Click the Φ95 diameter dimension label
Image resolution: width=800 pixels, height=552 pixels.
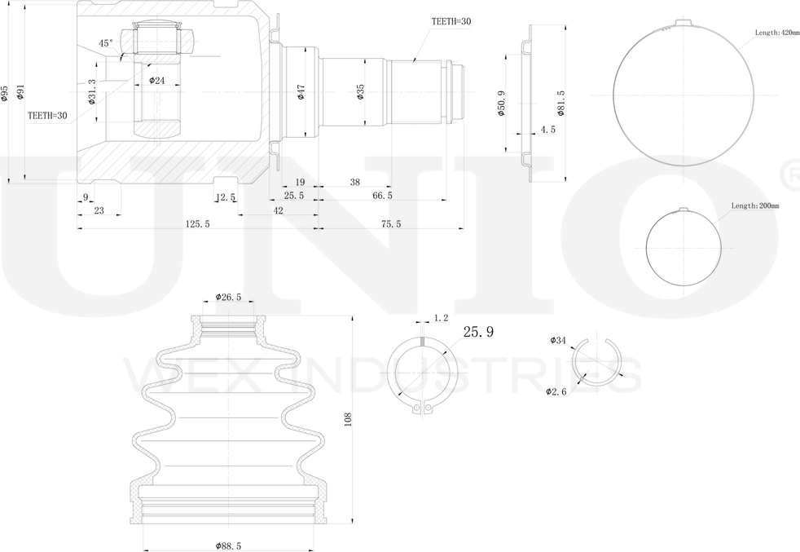point(5,94)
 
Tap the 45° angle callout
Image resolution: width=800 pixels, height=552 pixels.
point(106,43)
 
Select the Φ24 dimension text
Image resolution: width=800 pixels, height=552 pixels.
point(156,80)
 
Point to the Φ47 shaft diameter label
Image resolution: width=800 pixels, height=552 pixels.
point(301,92)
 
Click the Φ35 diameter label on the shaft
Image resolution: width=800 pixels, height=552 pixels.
point(361,92)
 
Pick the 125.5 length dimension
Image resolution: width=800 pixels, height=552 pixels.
point(197,223)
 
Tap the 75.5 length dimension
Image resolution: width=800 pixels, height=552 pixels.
point(391,223)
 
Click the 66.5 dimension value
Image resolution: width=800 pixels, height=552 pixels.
point(382,195)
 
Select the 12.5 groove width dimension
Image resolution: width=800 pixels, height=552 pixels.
point(225,197)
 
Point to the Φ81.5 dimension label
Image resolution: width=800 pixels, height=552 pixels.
point(560,104)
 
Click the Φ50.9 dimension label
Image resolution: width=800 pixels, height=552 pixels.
point(501,104)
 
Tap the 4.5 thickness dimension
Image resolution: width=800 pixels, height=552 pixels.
point(548,130)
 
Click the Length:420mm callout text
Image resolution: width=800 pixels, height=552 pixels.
point(777,33)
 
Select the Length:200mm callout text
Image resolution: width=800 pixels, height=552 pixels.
point(755,205)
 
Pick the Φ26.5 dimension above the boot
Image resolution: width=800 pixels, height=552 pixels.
point(228,297)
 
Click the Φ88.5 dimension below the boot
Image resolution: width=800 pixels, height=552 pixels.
point(228,545)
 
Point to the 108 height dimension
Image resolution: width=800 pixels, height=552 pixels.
point(349,420)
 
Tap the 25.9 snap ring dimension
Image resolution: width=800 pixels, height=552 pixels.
point(478,332)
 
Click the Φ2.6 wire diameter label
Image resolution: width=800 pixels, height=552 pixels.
point(556,391)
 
